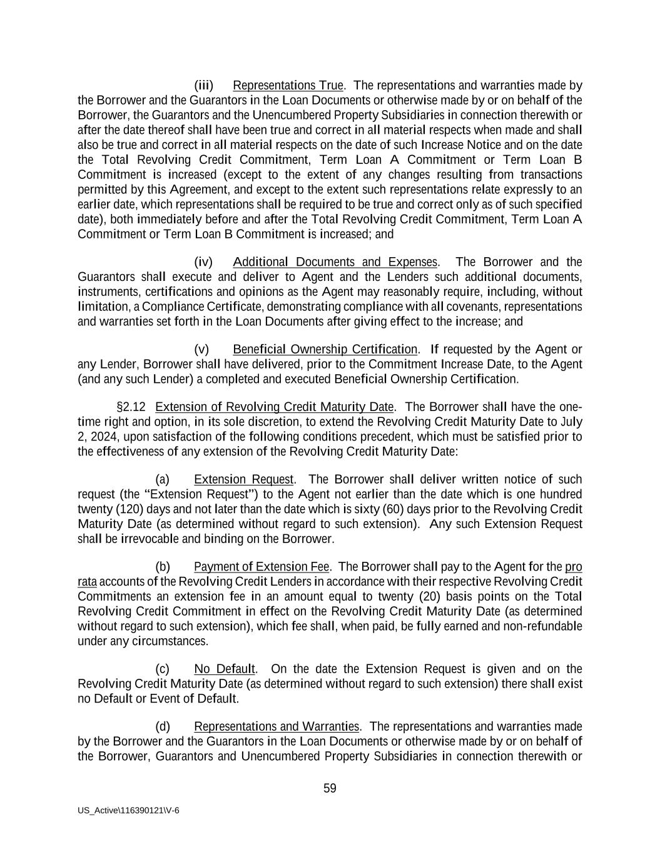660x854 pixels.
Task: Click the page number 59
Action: click(330, 788)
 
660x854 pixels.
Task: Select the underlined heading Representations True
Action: click(288, 85)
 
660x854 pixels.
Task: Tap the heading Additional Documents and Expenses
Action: click(335, 262)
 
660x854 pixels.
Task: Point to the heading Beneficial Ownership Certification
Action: click(325, 349)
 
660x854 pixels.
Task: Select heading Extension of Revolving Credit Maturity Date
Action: click(275, 407)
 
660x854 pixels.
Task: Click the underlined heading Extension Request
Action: click(243, 479)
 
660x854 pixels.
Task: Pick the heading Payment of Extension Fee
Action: click(261, 567)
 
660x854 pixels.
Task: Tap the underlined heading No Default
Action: click(225, 669)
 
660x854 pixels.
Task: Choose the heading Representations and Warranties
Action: click(277, 726)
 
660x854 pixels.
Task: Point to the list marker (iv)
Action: click(203, 262)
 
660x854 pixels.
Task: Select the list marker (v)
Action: click(201, 349)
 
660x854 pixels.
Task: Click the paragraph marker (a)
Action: click(162, 479)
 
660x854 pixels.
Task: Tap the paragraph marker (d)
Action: click(162, 726)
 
